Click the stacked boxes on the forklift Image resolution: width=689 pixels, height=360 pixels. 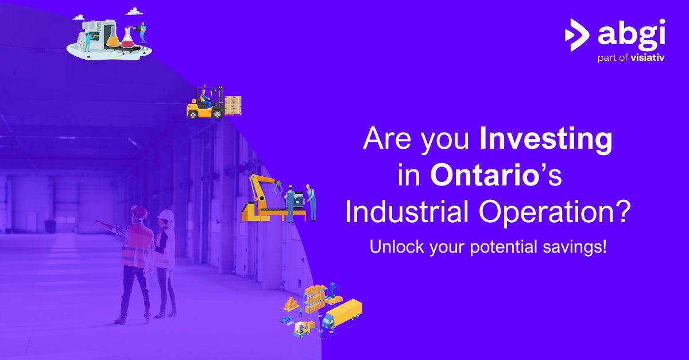[233, 104]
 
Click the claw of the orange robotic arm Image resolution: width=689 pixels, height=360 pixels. [278, 187]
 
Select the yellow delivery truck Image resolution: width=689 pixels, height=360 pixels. [343, 315]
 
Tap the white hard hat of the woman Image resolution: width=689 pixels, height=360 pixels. [166, 215]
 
